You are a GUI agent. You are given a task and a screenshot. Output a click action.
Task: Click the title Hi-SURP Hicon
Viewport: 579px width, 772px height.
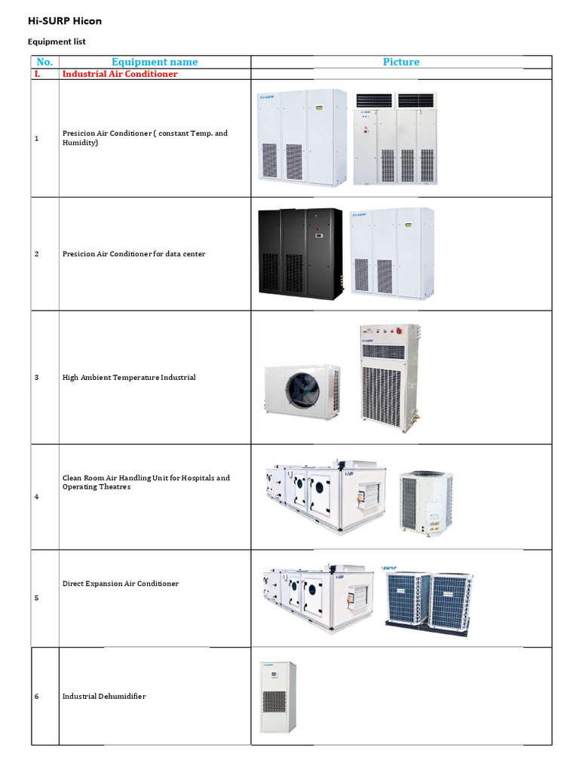click(x=65, y=22)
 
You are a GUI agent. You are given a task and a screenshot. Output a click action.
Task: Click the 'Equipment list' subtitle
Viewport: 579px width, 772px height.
click(x=57, y=42)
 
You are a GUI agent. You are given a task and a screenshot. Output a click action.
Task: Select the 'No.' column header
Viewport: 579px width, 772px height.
click(x=44, y=62)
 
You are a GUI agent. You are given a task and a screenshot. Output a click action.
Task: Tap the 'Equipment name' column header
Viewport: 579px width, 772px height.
click(x=155, y=62)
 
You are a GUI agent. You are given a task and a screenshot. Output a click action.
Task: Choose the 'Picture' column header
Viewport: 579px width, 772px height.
click(x=401, y=62)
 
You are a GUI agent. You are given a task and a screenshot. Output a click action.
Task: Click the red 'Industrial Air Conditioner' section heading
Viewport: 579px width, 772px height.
click(x=120, y=74)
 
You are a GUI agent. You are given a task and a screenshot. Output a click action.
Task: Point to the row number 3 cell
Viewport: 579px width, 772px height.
click(x=37, y=377)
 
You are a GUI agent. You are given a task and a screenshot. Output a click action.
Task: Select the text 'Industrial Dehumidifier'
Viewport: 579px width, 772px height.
click(x=104, y=696)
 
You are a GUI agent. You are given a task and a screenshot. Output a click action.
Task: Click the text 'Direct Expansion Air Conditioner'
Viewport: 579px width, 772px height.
click(x=121, y=584)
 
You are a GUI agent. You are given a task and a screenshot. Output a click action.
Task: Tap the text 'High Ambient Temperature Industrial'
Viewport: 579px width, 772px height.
click(x=129, y=377)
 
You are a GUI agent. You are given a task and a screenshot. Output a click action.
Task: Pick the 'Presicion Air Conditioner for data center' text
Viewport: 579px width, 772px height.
click(x=133, y=254)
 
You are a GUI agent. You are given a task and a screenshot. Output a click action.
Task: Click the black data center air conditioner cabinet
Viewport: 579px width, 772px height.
click(x=300, y=254)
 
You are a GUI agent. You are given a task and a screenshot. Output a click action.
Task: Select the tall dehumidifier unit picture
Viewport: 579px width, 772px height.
click(x=277, y=697)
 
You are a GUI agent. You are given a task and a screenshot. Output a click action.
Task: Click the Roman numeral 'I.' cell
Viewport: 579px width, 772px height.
click(x=37, y=74)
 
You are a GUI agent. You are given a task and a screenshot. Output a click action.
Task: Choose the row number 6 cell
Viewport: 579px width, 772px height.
click(x=37, y=696)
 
